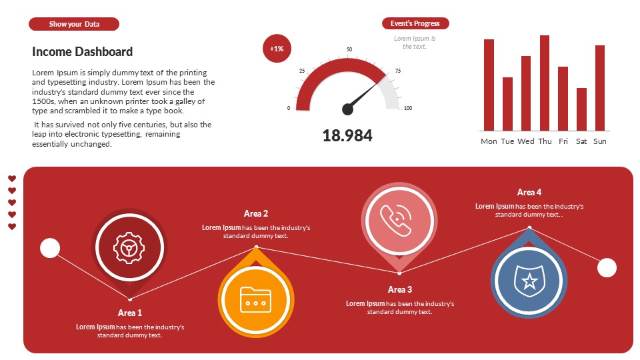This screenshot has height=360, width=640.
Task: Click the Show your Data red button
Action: click(x=74, y=24)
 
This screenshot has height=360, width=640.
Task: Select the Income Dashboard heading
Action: click(x=82, y=52)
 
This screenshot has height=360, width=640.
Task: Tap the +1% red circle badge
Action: click(x=277, y=49)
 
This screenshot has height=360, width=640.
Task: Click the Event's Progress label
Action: click(x=415, y=24)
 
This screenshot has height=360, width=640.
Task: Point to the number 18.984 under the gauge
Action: click(x=347, y=136)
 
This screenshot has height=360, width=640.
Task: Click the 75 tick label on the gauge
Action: click(x=398, y=71)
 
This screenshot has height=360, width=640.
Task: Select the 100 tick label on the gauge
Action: click(x=408, y=108)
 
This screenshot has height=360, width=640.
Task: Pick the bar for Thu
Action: click(x=545, y=83)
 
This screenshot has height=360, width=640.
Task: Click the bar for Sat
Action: click(x=581, y=109)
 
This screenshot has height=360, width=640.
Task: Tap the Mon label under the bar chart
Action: click(x=489, y=141)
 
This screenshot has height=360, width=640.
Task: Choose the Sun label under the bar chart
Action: click(x=600, y=141)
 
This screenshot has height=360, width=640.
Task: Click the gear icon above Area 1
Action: click(x=129, y=248)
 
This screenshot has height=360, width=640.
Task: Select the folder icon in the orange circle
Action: click(x=257, y=299)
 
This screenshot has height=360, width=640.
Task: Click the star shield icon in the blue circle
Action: click(x=529, y=280)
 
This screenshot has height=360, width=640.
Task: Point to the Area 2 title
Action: click(x=256, y=214)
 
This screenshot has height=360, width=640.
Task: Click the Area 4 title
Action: click(x=529, y=193)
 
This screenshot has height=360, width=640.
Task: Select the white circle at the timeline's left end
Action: click(x=50, y=248)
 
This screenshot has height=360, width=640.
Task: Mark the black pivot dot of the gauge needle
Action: click(x=347, y=109)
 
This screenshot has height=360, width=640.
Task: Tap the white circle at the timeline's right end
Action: click(x=607, y=268)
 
